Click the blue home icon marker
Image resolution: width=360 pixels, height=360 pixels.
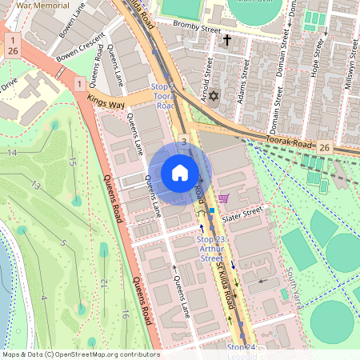point(180,173)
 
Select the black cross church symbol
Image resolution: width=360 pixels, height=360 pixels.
point(226,39)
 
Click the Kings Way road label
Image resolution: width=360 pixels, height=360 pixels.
point(106,102)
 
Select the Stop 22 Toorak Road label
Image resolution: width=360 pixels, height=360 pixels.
point(162,95)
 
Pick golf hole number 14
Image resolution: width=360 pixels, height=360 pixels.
point(12,152)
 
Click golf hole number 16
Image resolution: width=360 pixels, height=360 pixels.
point(126,314)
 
